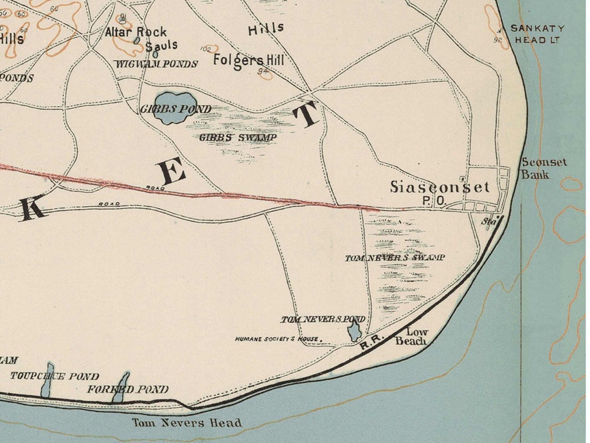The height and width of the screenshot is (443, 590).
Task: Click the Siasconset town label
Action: click(439, 187)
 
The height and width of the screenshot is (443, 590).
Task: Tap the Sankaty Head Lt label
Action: click(537, 34)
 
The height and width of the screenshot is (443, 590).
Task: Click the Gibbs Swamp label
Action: click(238, 137)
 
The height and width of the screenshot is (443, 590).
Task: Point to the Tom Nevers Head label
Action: click(186, 423)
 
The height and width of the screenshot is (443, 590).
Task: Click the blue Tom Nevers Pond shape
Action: click(355, 331)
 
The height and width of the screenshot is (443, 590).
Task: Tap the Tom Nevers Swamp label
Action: click(395, 258)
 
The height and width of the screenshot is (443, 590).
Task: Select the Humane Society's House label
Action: click(276, 339)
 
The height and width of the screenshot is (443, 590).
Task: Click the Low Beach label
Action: click(412, 337)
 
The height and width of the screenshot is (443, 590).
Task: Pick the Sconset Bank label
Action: click(543, 168)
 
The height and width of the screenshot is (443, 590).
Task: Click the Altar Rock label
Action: click(136, 32)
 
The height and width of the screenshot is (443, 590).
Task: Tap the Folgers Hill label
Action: click(249, 60)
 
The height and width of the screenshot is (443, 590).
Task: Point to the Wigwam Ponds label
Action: click(156, 64)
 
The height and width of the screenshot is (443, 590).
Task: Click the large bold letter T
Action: click(308, 115)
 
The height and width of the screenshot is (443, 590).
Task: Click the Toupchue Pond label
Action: click(54, 376)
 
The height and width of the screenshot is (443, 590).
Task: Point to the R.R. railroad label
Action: click(371, 344)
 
